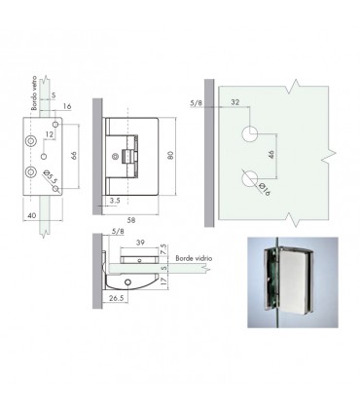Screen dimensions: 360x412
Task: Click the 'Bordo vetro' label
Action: point(34,94)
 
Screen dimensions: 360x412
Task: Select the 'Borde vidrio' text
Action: point(194,258)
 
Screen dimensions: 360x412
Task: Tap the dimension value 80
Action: point(171,155)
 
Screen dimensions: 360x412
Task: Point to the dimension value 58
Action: point(131,220)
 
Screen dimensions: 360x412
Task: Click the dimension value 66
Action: point(74,155)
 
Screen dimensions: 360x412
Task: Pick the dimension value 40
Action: point(32,215)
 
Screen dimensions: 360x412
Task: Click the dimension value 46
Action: point(271,153)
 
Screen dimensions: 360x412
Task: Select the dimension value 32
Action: point(235,102)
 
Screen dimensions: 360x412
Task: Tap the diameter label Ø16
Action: point(265,189)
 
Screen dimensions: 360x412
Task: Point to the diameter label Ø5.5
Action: point(50,176)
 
